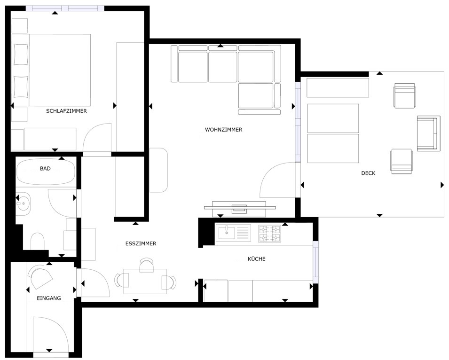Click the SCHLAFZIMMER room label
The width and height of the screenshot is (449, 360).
66,111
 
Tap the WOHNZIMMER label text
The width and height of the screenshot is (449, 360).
224,130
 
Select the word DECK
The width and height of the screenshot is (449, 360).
368,173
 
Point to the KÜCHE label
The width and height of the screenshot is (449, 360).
257,259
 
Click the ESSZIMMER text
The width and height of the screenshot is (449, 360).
141,243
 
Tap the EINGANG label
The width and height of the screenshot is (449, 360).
49,298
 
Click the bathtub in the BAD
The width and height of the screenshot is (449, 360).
46,172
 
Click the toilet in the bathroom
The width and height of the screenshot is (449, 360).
37,241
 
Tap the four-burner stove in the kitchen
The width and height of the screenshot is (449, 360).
269,234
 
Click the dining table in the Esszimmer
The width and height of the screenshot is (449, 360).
145,282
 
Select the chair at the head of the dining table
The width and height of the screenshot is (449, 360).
147,265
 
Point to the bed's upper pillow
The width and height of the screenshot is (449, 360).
21,54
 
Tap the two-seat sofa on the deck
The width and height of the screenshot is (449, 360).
428,133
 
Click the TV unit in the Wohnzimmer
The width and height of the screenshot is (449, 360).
240,209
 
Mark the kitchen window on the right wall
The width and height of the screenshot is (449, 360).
315,262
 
